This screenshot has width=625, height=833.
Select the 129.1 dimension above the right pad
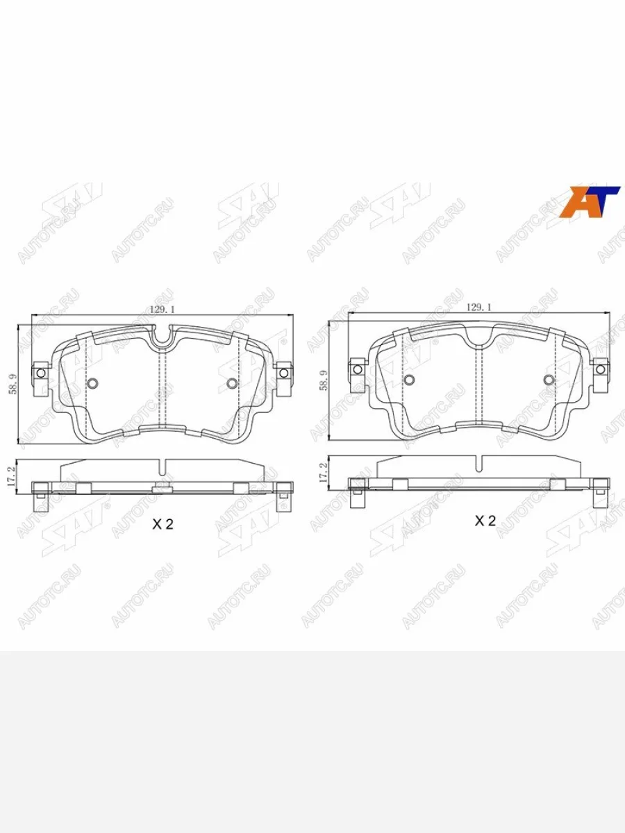(x=478, y=306)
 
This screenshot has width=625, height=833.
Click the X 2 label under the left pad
(x=162, y=525)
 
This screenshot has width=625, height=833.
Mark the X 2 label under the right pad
(x=485, y=521)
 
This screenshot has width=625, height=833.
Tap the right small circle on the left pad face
(x=232, y=383)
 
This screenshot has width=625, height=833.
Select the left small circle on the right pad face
(x=410, y=379)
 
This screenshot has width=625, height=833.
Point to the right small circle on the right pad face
(x=549, y=379)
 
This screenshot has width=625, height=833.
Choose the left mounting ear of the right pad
(x=358, y=367)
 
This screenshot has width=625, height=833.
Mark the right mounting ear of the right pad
(x=601, y=368)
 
